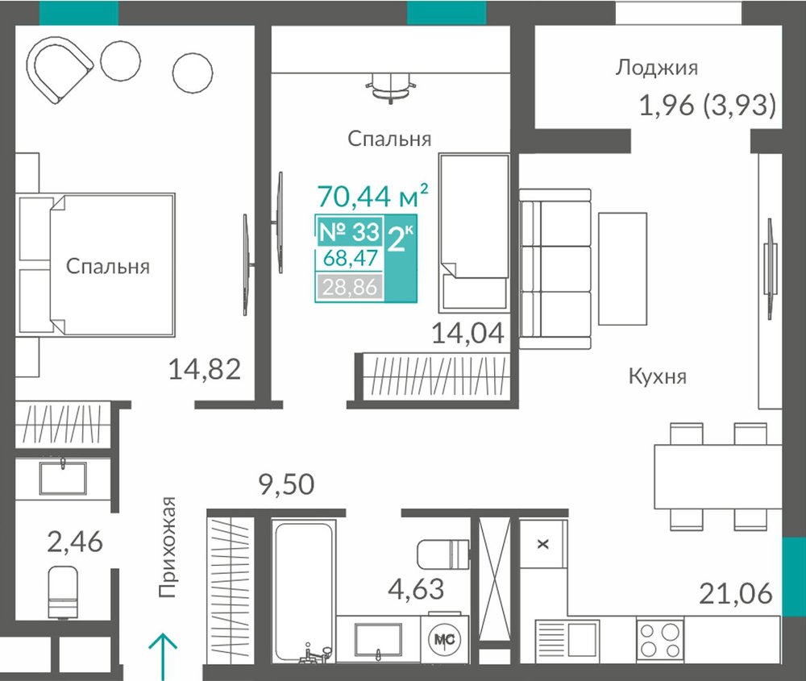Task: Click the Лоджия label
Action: point(656,68)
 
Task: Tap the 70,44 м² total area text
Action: point(372,195)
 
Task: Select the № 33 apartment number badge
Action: point(349,232)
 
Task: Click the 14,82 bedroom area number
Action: point(205,369)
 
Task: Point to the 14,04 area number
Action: point(467,333)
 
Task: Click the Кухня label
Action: point(658,376)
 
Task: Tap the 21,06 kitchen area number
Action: point(736,593)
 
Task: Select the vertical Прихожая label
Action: point(168,547)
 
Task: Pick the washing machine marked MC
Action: point(445,639)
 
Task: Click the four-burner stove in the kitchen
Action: point(660,639)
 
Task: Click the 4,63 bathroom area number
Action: point(416,589)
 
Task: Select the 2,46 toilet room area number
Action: point(75,542)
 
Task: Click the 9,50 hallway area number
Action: point(286,484)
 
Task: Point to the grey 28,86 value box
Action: point(350,286)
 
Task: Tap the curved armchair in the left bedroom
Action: point(60,68)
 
